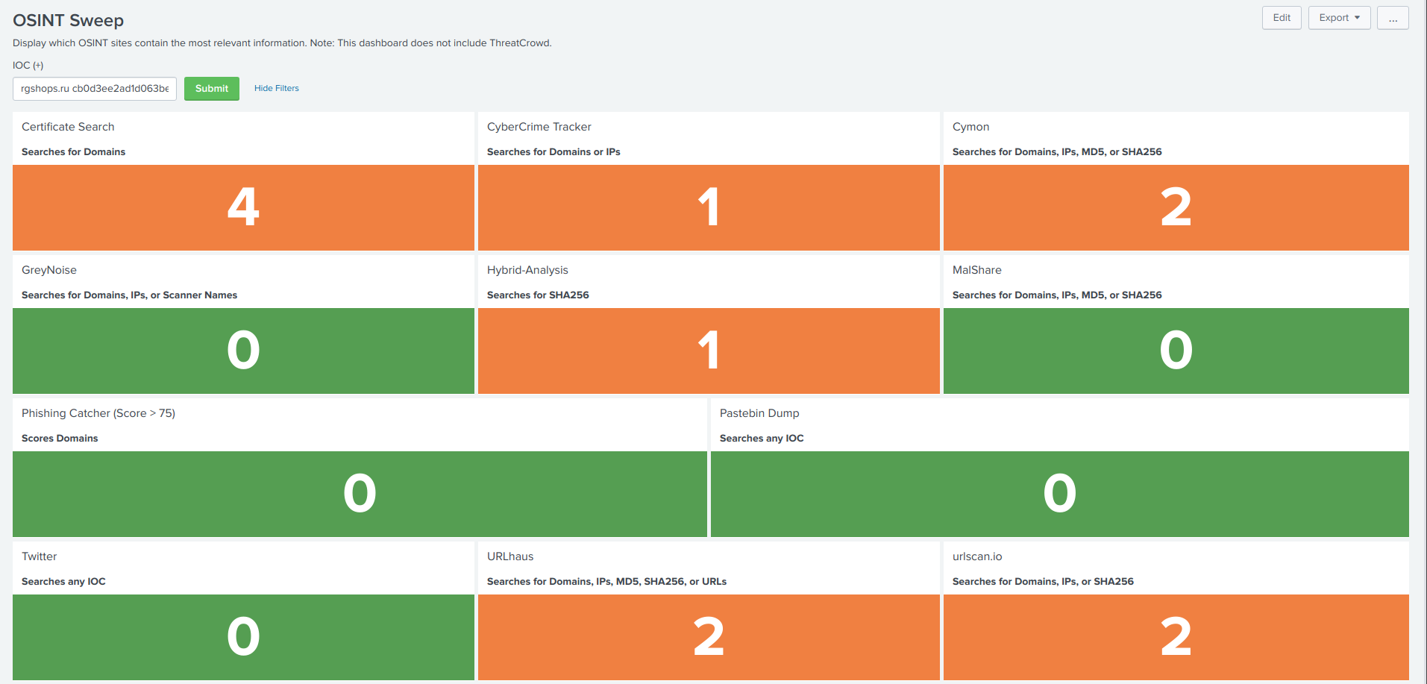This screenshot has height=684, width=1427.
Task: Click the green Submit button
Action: click(212, 89)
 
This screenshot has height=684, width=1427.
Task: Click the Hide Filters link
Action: click(276, 88)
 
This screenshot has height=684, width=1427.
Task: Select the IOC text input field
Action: click(95, 89)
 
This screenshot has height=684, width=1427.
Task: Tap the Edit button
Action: click(1282, 18)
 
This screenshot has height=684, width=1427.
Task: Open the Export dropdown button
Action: click(1339, 18)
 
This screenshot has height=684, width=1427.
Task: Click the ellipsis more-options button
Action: click(1393, 18)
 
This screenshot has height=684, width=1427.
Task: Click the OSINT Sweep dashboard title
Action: click(69, 21)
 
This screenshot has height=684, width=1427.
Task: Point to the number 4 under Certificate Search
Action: click(243, 207)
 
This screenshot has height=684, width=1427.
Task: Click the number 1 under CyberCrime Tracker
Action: click(709, 207)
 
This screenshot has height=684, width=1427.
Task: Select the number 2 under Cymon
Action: click(1176, 207)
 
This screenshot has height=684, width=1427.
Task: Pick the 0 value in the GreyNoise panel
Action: click(243, 351)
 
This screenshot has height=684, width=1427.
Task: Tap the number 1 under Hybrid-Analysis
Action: click(709, 351)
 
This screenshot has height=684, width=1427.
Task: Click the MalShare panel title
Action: click(976, 270)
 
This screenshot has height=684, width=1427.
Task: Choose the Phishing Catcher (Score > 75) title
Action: click(98, 413)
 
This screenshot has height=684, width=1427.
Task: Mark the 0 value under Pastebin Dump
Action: click(1059, 494)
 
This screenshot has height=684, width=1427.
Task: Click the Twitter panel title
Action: click(40, 556)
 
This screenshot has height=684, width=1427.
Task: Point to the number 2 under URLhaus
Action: click(709, 637)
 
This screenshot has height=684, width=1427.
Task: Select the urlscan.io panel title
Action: click(977, 556)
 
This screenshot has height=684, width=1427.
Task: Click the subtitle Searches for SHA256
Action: click(538, 295)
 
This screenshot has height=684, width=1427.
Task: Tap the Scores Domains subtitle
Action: click(60, 439)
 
